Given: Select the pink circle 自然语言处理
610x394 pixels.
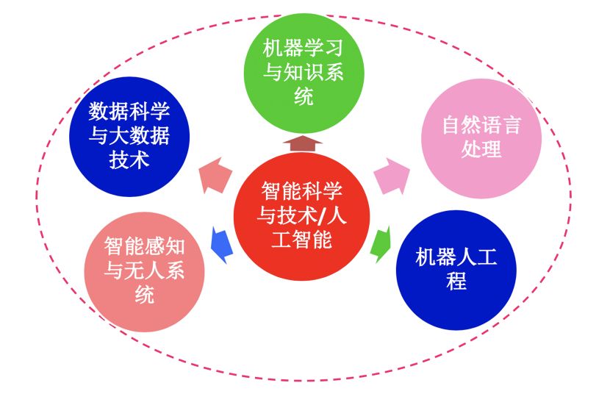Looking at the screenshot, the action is pos(481,137).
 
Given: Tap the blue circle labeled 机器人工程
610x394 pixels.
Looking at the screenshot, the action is pos(456,269).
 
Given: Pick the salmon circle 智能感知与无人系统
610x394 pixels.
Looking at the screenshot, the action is pos(144,271).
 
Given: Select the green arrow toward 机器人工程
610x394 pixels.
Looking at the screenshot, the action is pos(381,245).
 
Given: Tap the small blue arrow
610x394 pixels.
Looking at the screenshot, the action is pos(221,243).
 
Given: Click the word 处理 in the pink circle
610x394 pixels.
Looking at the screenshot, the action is pos(481,149).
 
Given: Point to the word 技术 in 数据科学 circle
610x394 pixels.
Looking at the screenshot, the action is pos(129,160).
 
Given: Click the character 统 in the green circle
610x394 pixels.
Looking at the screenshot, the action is pos(304,96).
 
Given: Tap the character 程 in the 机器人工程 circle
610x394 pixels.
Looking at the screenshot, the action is pos(456,282).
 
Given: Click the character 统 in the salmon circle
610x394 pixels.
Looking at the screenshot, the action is pos(144,295).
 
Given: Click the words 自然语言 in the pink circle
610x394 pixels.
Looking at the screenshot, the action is pos(481,125).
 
